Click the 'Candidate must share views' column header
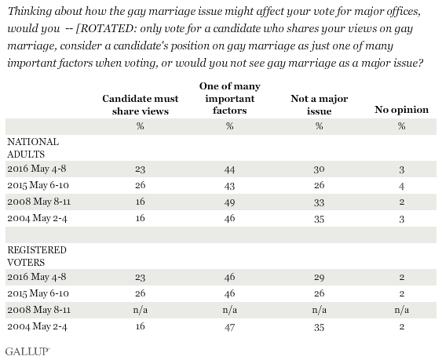[x=141, y=104]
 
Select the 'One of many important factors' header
[x=230, y=98]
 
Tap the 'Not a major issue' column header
[x=319, y=104]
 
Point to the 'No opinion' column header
[x=401, y=110]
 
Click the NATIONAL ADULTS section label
[x=33, y=148]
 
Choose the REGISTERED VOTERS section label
[x=37, y=256]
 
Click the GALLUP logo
[x=27, y=351]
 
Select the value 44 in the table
[x=230, y=169]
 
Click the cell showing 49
[x=230, y=202]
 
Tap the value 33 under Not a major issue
[x=319, y=202]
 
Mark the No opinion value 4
[x=402, y=186]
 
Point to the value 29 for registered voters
[x=319, y=277]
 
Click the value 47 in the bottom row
[x=230, y=327]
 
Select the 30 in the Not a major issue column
[x=319, y=169]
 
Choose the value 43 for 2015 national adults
[x=230, y=186]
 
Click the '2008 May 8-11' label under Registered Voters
[x=39, y=310]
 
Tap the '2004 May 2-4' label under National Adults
[x=37, y=218]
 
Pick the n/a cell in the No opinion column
[x=402, y=310]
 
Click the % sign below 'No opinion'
[x=402, y=126]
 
